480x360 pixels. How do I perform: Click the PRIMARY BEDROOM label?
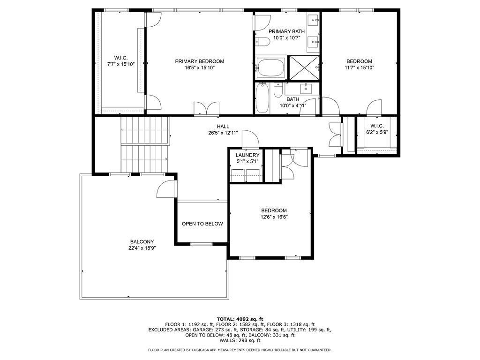click(x=199, y=61)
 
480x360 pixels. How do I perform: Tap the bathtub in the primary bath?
click(x=271, y=68)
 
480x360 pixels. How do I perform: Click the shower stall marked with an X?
click(x=304, y=68)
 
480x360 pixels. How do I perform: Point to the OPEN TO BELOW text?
click(x=202, y=224)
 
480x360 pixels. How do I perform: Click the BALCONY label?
click(x=142, y=242)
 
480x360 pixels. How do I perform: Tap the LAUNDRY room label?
click(x=247, y=155)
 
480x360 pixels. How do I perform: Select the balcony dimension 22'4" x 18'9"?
click(x=142, y=248)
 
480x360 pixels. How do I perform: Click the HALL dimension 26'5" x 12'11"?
click(x=223, y=133)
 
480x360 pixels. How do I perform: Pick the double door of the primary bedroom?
click(x=207, y=109)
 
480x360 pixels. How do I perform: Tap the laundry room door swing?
click(x=250, y=139)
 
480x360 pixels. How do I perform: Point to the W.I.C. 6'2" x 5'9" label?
click(x=377, y=129)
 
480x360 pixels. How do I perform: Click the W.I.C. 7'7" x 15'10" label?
click(x=121, y=61)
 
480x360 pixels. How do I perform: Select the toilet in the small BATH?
click(x=278, y=90)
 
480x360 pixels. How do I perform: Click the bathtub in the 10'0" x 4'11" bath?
click(x=262, y=98)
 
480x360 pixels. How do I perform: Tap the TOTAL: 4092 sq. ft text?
click(x=240, y=319)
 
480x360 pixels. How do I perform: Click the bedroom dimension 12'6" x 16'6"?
click(x=274, y=217)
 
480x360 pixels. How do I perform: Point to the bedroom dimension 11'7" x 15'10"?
click(x=360, y=67)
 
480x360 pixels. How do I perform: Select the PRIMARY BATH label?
click(x=286, y=31)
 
